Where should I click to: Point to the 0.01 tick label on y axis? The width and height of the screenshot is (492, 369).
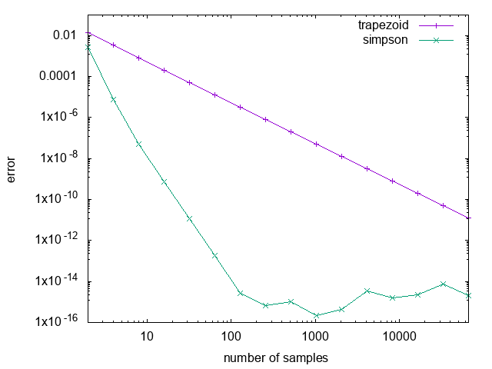pos(66,35)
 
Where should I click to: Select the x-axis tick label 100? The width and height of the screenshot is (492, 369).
pos(230,337)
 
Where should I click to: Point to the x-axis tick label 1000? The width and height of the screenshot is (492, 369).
pos(315,337)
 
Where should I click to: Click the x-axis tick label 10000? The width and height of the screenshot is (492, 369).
pos(400,337)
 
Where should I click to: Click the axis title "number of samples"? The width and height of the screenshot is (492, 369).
pos(276,358)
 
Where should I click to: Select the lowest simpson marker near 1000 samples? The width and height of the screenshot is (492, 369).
pos(316,315)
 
